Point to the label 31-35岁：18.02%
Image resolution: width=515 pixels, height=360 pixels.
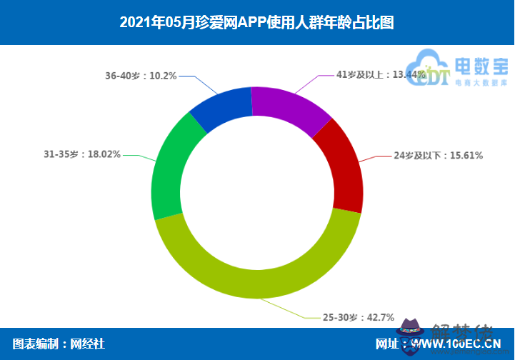coord(81,154)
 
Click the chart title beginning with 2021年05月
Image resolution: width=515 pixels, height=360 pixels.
coord(257,22)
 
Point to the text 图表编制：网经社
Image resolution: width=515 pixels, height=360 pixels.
coord(59,344)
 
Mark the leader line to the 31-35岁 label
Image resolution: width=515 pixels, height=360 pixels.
coord(139,157)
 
